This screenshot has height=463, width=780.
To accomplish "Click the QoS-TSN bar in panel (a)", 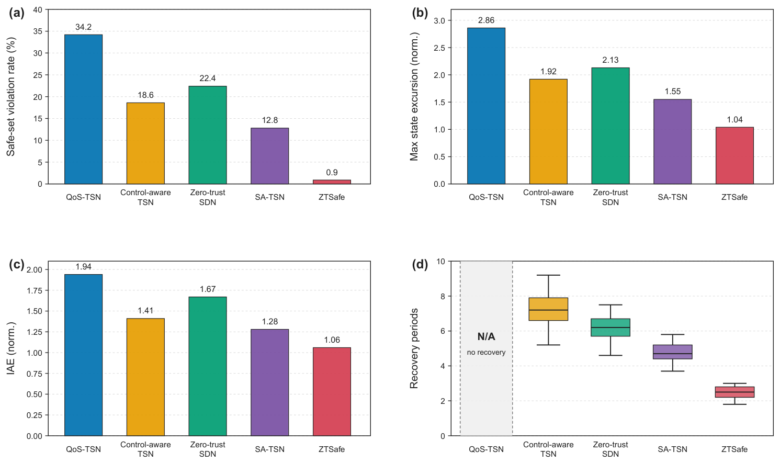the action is pos(84,109).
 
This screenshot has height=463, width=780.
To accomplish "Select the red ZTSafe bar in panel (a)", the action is pos(332,182).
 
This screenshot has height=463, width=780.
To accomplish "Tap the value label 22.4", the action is pos(208,78).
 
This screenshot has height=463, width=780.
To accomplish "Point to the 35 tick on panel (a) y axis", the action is pos(38,31).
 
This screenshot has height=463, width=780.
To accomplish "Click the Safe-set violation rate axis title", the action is pos(11,97).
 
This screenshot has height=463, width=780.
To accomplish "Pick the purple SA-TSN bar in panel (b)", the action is pos(672,142).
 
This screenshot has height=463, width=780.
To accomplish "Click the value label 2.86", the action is pos(486,20).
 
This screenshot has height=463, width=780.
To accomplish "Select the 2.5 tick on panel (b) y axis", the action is pos(439,48).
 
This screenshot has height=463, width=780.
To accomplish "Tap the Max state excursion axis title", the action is pos(414,97).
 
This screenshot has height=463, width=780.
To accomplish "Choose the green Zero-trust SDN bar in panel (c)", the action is pos(208,366).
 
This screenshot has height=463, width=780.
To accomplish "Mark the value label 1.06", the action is pos(332,340).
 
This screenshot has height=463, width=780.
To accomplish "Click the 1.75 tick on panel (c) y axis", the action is pos(35,290).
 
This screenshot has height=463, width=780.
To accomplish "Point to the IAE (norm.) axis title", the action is pos(11,348).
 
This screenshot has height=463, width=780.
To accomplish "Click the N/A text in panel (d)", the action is pos(486,336).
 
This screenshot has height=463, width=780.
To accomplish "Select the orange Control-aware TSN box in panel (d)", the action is pos(548,309).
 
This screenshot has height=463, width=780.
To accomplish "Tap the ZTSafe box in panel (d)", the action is pos(734,392).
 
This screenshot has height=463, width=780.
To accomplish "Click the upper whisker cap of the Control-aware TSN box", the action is pos(548,275).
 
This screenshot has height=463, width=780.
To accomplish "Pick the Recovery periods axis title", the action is pos(414,348).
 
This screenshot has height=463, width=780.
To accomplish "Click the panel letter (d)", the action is pos(420,265).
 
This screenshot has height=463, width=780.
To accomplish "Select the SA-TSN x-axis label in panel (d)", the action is pos(672,449).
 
